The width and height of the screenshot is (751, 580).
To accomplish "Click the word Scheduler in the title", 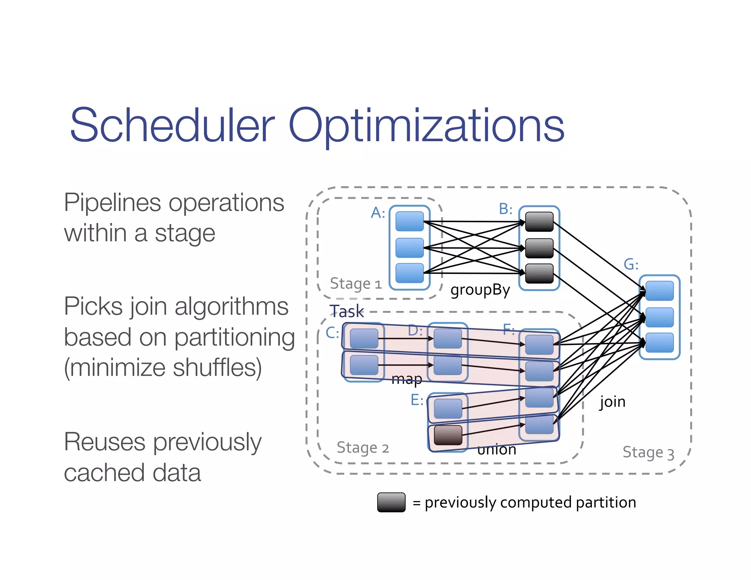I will point(172,125).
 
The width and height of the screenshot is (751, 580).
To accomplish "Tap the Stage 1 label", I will point(355,284).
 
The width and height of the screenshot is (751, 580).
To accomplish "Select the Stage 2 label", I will point(362,448).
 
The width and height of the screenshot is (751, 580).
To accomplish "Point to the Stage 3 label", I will point(648,452).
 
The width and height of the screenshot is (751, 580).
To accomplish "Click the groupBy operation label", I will point(480,290).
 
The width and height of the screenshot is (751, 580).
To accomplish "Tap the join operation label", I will point(612,402).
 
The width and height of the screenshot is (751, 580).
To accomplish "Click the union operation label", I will point(497,449).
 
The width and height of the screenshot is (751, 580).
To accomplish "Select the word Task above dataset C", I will point(347,311).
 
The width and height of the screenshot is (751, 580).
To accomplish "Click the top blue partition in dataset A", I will point(410,221).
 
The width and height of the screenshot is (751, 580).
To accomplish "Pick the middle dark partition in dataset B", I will point(539,248).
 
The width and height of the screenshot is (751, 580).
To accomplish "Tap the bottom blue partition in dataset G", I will point(659,342).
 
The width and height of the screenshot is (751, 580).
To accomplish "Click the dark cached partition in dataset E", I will point(448,435).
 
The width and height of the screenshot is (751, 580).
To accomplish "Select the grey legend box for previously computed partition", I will point(391,502).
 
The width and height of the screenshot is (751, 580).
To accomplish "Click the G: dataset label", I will point(631,264).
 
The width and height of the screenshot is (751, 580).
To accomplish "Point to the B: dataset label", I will point(505,209).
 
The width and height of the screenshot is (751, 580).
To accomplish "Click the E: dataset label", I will point(417,400).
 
